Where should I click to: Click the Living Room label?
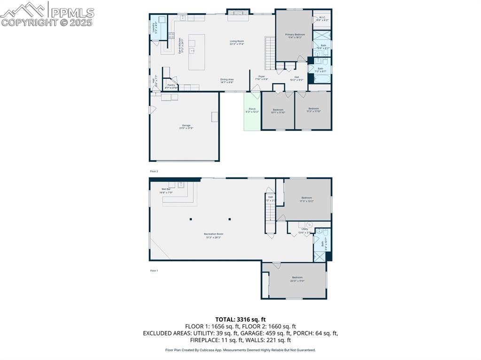pyautogui.click(x=237, y=43)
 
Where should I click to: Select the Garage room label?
pyautogui.click(x=186, y=127)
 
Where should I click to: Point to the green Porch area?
pyautogui.click(x=252, y=111)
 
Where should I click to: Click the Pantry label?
pyautogui.click(x=171, y=86)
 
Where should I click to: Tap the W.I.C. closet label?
pyautogui.click(x=322, y=19)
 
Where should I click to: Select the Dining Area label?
pyautogui.click(x=227, y=81)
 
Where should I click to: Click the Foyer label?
pyautogui.click(x=261, y=78)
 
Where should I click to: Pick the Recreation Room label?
pyautogui.click(x=213, y=236)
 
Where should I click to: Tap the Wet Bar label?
pyautogui.click(x=166, y=191)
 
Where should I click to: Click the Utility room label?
pyautogui.click(x=305, y=230)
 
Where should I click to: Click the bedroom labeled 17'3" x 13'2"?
pyautogui.click(x=306, y=199)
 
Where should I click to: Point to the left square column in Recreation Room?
pyautogui.click(x=191, y=219)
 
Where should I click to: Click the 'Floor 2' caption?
pyautogui.click(x=154, y=171)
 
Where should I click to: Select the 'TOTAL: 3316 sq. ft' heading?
pyautogui.click(x=240, y=320)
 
